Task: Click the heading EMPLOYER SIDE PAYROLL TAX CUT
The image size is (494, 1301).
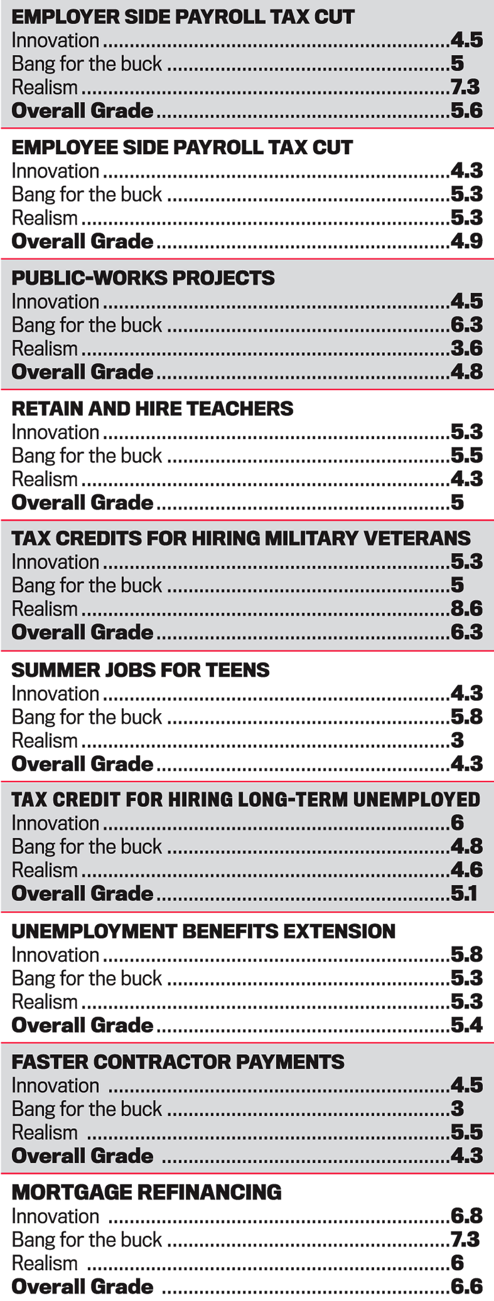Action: point(183,17)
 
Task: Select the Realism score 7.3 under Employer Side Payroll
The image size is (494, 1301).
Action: point(465,87)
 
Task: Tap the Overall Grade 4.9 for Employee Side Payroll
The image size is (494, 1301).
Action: point(467,241)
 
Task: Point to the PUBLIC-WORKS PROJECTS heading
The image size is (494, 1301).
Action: point(143,278)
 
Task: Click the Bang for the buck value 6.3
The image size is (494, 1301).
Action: point(467,324)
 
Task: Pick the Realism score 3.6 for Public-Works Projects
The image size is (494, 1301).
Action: point(467,348)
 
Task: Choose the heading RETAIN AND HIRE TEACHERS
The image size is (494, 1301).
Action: point(152,408)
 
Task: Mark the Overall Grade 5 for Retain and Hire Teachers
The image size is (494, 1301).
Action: point(457,502)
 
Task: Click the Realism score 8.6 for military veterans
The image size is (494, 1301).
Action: point(467,608)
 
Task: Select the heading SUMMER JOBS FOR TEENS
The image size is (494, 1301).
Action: point(140,670)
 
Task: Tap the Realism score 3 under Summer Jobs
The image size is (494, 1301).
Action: point(457,740)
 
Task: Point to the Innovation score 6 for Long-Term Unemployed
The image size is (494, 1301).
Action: point(457,823)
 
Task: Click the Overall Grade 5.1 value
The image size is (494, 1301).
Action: point(464,893)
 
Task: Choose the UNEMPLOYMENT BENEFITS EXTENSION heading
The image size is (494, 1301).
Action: point(203,931)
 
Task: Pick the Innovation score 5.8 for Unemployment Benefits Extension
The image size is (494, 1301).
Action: point(467,954)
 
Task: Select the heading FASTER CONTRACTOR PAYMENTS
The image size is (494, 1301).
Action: point(178,1061)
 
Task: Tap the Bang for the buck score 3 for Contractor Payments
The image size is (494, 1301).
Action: point(457,1109)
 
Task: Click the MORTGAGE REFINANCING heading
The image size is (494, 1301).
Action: point(147,1192)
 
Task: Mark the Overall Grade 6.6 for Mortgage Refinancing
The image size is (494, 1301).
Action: point(467,1287)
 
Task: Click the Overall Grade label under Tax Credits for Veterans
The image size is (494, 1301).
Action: point(82,632)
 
